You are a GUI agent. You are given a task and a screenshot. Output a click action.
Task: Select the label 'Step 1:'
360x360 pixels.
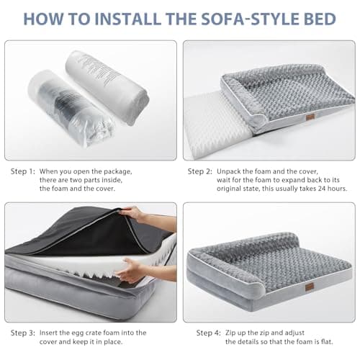click(x=22, y=171)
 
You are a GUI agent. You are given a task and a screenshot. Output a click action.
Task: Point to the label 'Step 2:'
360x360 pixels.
click(x=200, y=171)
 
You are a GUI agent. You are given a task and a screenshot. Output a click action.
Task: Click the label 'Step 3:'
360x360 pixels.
click(x=22, y=333)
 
